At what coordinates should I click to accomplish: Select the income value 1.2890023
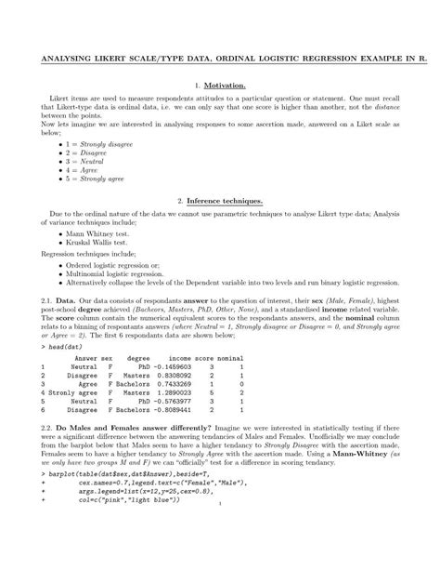[x=172, y=393]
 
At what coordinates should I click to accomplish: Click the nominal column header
[x=230, y=357]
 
